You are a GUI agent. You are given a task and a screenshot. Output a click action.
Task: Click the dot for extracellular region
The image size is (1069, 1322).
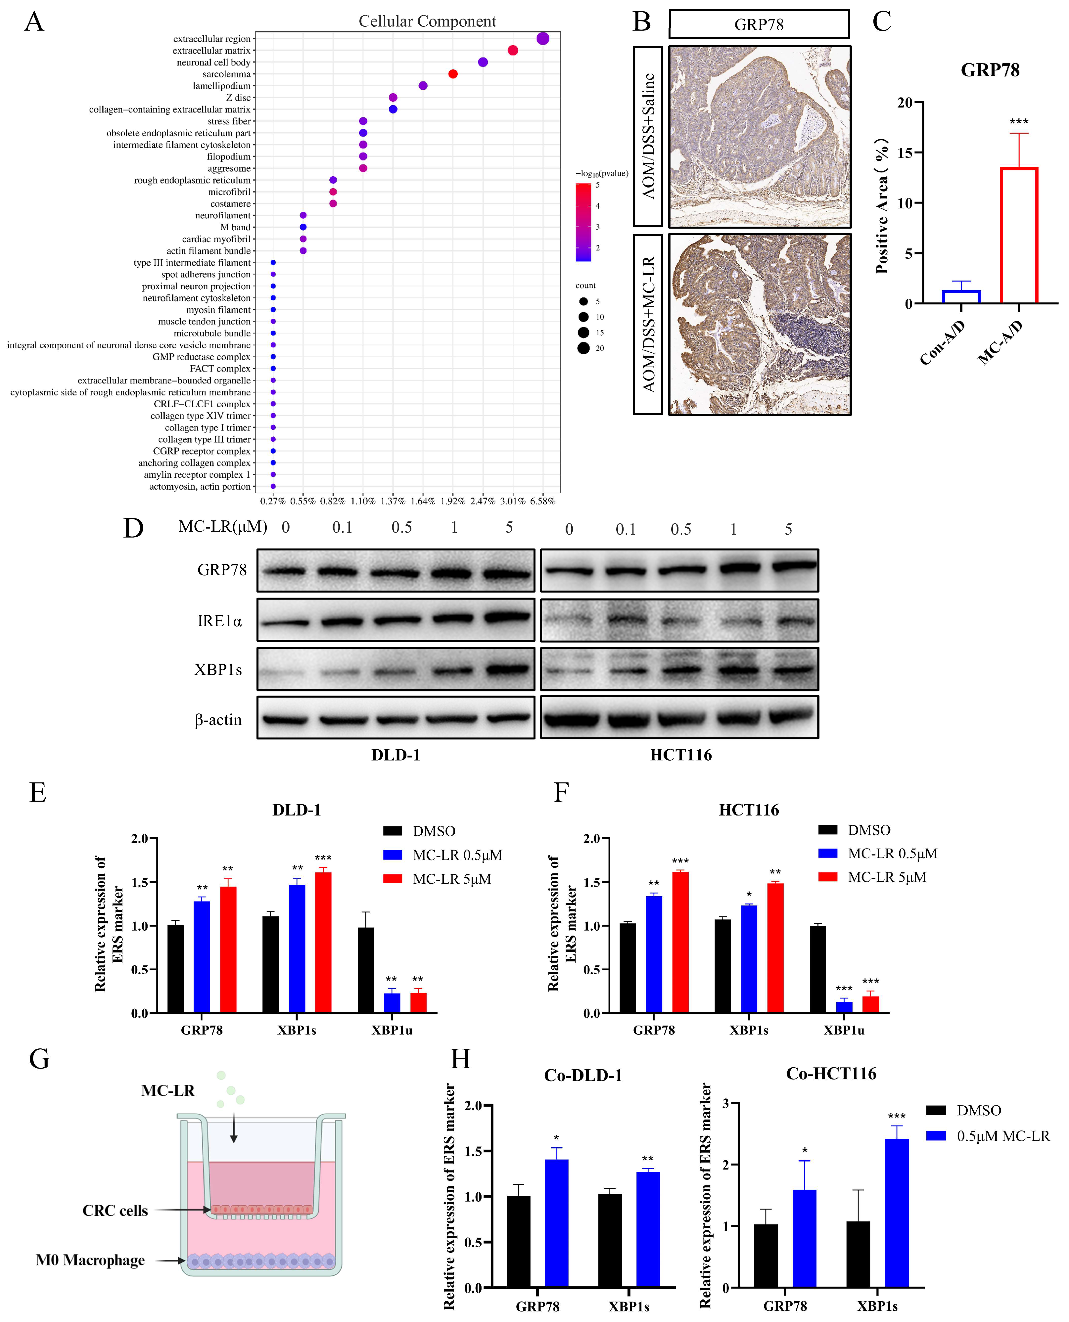pyautogui.click(x=542, y=39)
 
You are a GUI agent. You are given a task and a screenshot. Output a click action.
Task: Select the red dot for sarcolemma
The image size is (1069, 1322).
pyautogui.click(x=453, y=74)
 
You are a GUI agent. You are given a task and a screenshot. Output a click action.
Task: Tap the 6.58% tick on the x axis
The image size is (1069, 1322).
pyautogui.click(x=542, y=501)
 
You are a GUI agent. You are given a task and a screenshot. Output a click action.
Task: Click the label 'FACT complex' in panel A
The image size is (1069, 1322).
pyautogui.click(x=220, y=369)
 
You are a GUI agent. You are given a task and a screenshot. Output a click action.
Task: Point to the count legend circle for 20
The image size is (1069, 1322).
pyautogui.click(x=583, y=348)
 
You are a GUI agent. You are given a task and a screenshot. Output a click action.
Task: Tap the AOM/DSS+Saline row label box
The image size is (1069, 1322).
pyautogui.click(x=648, y=137)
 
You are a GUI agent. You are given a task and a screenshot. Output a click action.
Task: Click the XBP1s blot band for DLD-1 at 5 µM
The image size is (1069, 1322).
pyautogui.click(x=509, y=669)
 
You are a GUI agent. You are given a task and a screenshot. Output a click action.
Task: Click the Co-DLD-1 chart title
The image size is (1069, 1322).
pyautogui.click(x=582, y=1075)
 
